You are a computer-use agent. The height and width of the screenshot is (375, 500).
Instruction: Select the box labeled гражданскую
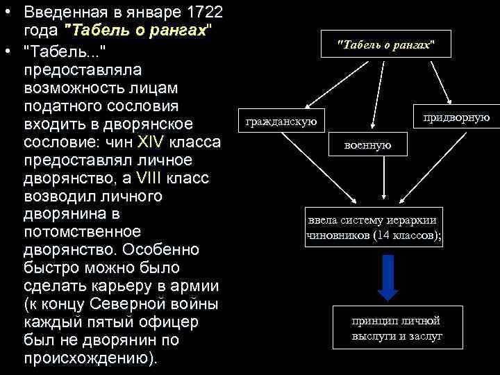coord(281,122)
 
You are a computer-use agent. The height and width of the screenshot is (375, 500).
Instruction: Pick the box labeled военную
coord(367,145)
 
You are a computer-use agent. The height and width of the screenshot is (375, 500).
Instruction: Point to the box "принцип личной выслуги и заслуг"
coord(397,328)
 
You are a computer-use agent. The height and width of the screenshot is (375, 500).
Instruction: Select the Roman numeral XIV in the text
coord(151,142)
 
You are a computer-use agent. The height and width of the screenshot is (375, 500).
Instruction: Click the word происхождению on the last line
coord(87,358)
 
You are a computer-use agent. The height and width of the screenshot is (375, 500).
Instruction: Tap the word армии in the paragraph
coord(198,285)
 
